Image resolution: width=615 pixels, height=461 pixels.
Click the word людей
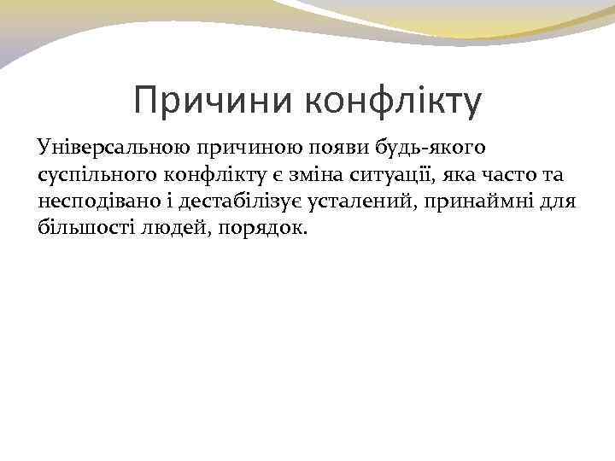point(165,231)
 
